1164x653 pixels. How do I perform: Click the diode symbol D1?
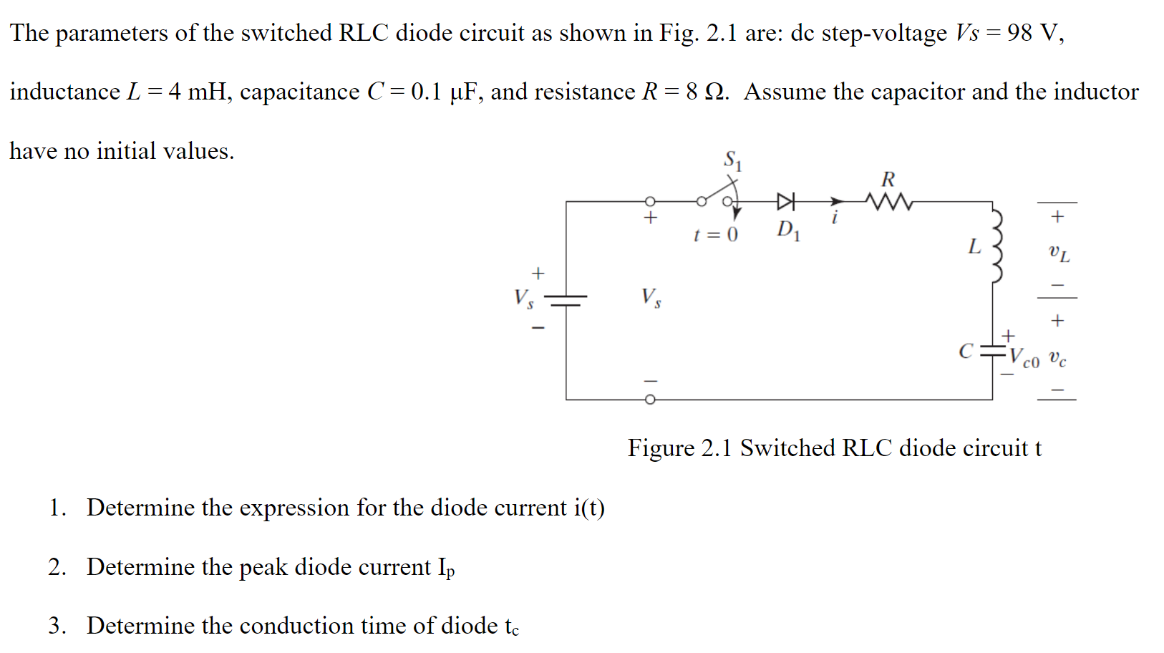click(786, 201)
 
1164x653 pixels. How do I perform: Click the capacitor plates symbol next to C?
click(992, 351)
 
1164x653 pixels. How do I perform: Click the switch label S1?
click(733, 160)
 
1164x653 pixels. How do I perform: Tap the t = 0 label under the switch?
click(715, 235)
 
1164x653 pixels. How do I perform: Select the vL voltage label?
click(1059, 253)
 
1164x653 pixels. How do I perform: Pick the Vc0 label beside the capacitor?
click(1024, 358)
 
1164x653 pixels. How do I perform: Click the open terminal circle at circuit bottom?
click(650, 400)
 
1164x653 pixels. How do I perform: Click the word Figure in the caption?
click(661, 448)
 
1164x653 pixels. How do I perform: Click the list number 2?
click(57, 567)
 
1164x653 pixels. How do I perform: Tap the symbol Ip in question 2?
click(446, 569)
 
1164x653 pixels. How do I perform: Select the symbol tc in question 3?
click(511, 627)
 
